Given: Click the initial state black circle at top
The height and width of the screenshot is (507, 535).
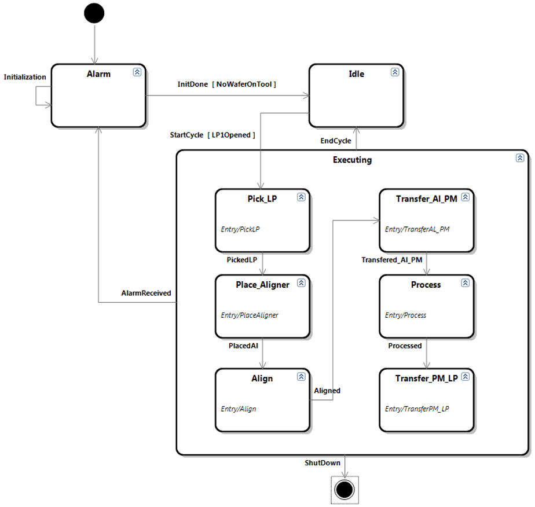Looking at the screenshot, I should (x=94, y=13).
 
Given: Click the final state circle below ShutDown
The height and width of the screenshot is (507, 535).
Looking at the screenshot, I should (x=345, y=489).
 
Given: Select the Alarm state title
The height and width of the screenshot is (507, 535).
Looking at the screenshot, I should (x=98, y=74).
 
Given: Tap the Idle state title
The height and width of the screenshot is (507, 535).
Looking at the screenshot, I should (x=357, y=74).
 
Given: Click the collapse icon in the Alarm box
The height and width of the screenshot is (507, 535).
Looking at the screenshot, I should (x=137, y=72).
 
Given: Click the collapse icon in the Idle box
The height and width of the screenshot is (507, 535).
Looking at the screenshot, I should (x=395, y=72).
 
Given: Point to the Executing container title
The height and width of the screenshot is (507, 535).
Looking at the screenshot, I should (x=353, y=160).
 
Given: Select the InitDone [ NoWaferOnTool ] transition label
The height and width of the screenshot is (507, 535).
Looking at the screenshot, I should (x=226, y=84).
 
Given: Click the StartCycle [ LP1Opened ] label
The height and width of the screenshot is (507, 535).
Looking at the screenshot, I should (x=212, y=135).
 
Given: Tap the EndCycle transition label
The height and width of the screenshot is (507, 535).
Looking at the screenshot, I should (x=336, y=141).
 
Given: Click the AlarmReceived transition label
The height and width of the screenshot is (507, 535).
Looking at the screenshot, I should (x=146, y=293).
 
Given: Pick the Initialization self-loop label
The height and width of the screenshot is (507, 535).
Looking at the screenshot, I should (x=25, y=77).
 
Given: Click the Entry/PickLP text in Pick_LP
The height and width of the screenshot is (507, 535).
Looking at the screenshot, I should (x=240, y=229).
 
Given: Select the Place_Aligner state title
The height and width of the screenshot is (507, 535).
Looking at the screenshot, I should (x=258, y=284).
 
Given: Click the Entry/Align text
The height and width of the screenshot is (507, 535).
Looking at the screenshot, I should (x=239, y=409).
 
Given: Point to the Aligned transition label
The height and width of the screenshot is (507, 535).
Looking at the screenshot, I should (x=327, y=391).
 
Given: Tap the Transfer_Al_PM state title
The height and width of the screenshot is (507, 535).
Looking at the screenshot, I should (x=427, y=199).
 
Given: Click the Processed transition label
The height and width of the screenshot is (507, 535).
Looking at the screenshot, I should (x=405, y=346).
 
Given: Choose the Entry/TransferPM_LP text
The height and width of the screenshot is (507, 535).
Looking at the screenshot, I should (x=417, y=409).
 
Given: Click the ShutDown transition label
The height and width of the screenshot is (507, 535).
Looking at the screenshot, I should (x=323, y=463).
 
